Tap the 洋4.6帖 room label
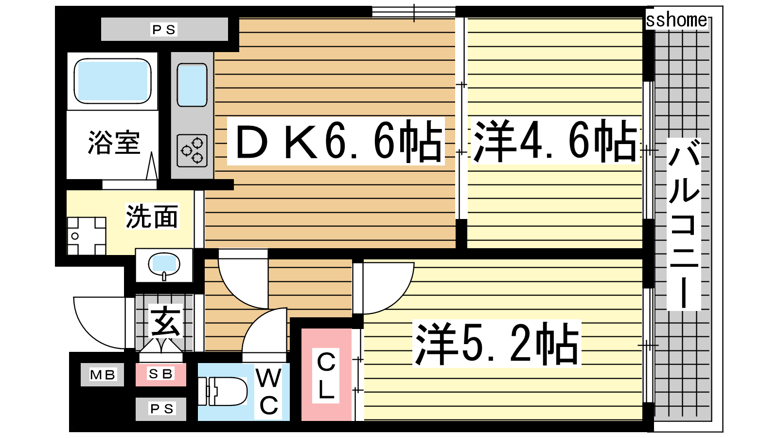pos(555,141)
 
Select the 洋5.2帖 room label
pos(496,344)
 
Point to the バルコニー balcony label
pos(684,224)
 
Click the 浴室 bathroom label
pos(114,143)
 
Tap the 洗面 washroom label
pos(152,216)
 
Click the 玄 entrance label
pos(165,321)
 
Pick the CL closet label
pos(326,375)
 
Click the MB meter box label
pos(103,375)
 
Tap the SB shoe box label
pos(160,374)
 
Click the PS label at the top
pos(164,30)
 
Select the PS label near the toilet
pos(161,409)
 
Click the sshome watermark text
pos(676,20)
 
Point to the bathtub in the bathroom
pos(112,81)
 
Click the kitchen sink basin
pos(192,85)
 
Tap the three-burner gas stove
pos(192,151)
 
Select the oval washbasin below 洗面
pos(164,265)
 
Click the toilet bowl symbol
pos(223,391)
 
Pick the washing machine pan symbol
pos(87,236)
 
